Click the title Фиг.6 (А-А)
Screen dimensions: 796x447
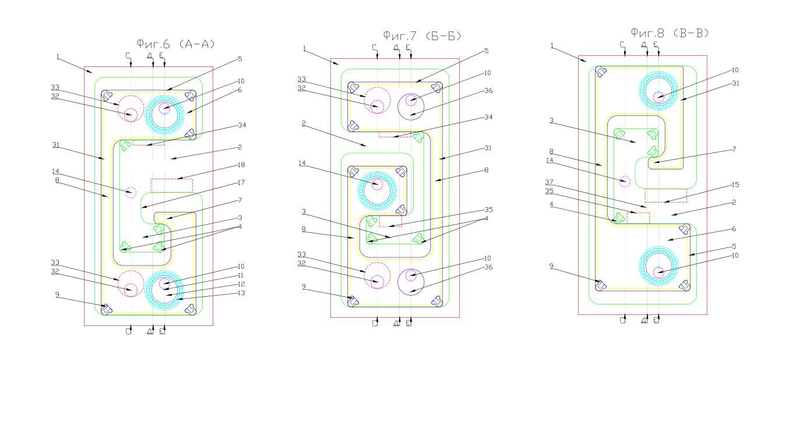[176, 44]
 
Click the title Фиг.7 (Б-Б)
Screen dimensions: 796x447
[422, 36]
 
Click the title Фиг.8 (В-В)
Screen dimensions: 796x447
[670, 33]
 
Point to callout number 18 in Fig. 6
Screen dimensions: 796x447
[241, 165]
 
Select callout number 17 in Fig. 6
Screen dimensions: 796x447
[241, 183]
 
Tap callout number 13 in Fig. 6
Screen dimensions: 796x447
[241, 293]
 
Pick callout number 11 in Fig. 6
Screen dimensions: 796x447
[241, 275]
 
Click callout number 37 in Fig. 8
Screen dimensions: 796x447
[550, 182]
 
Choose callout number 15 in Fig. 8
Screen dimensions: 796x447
[735, 185]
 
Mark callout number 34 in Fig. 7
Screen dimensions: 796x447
[489, 117]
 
